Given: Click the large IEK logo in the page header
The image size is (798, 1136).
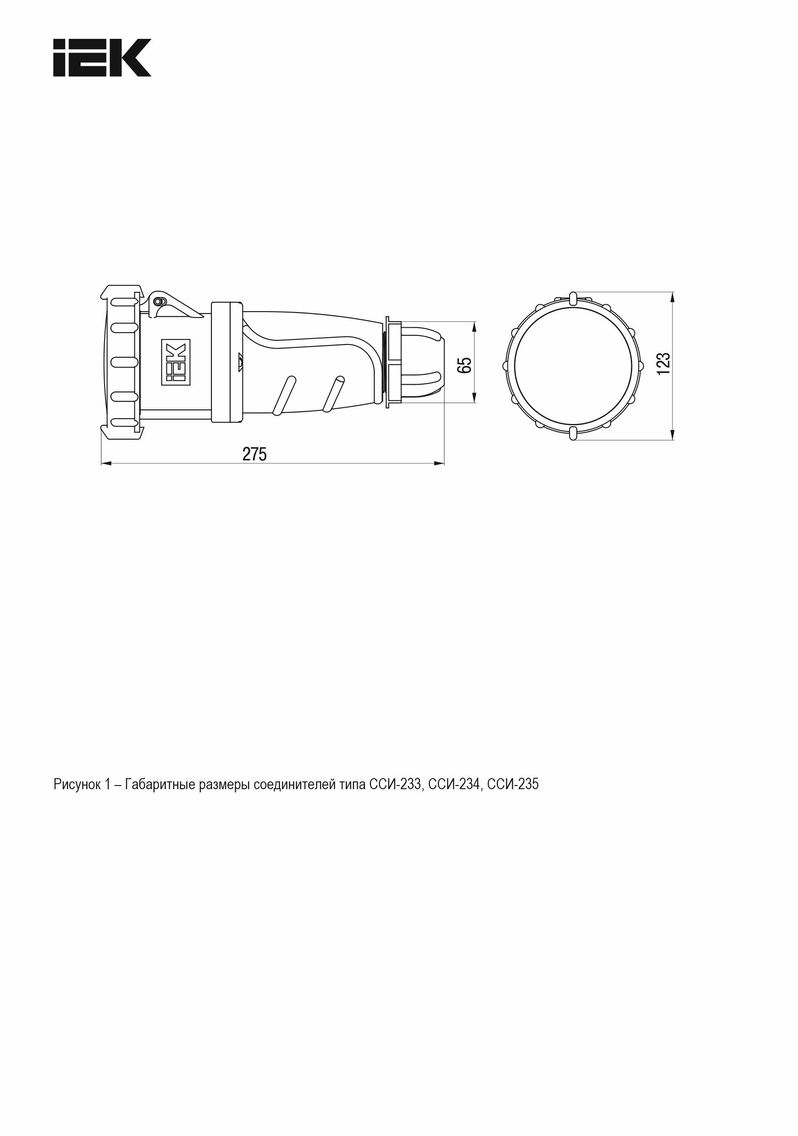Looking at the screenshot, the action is (x=102, y=58).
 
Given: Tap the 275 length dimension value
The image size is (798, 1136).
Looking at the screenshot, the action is (x=254, y=454).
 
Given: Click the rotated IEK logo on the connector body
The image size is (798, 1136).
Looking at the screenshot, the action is (x=175, y=362).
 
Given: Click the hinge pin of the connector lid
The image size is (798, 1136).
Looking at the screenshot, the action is (x=159, y=301).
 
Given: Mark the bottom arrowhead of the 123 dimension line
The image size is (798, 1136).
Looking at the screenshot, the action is (x=672, y=434).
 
